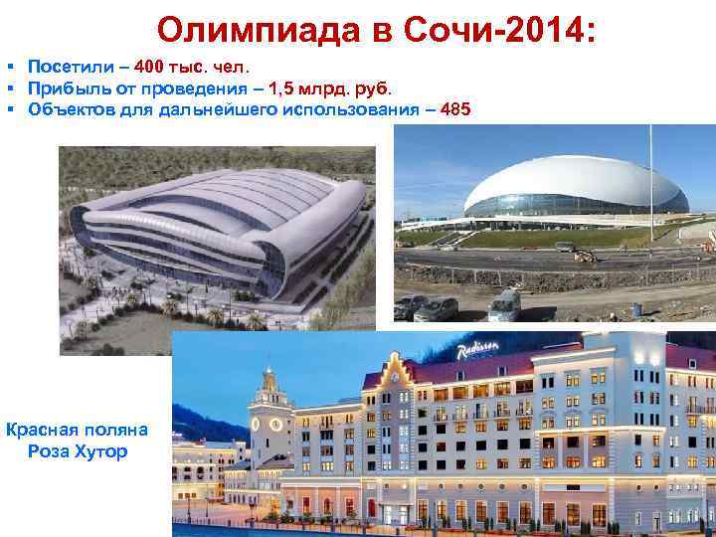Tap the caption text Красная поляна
pyautogui.click(x=77, y=430)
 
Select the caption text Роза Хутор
pyautogui.click(x=77, y=451)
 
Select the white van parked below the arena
pyautogui.click(x=504, y=302)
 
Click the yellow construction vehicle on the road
pyautogui.click(x=584, y=257)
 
